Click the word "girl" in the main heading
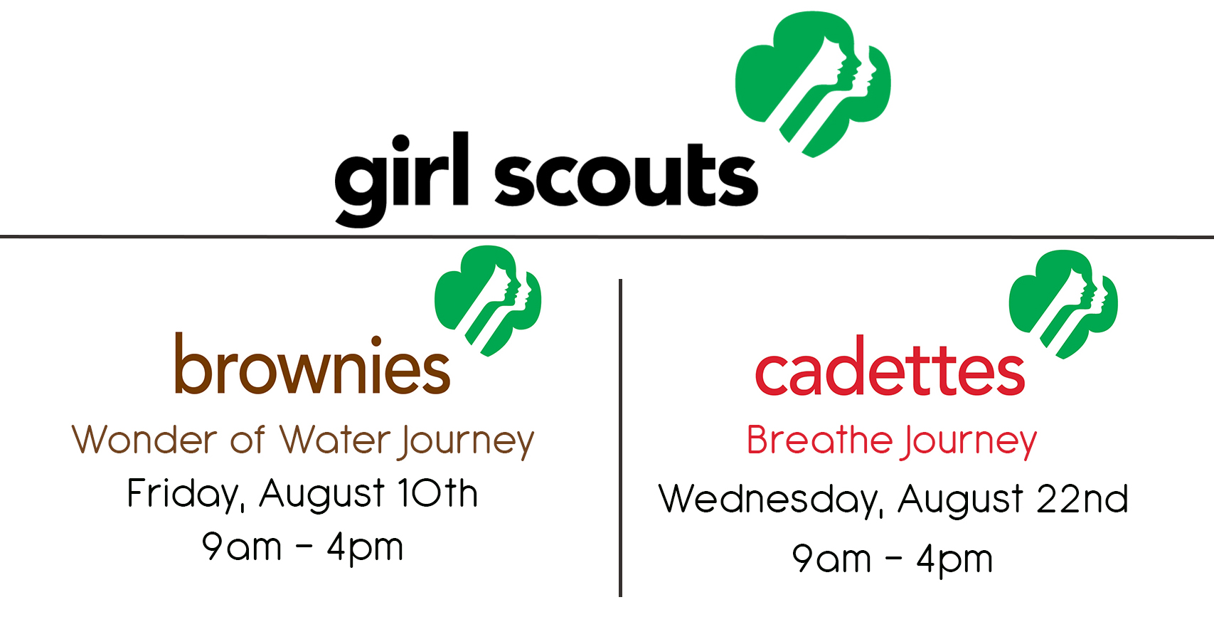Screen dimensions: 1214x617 click(401, 179)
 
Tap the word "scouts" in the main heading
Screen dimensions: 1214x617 click(626, 174)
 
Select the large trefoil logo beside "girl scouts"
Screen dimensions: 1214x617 click(813, 84)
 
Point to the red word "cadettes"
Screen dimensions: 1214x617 click(890, 366)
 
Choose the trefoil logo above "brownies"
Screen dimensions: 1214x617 click(488, 301)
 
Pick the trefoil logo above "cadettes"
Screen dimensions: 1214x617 click(1063, 304)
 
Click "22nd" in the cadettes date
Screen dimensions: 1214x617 click(1082, 498)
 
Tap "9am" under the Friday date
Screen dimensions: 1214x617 click(242, 547)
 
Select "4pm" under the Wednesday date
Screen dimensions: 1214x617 click(954, 559)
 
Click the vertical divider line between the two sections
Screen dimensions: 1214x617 click(621, 438)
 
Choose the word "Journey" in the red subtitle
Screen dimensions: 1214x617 click(970, 441)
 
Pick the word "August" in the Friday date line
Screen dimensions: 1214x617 click(322, 495)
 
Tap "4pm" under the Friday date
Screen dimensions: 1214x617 click(366, 548)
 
